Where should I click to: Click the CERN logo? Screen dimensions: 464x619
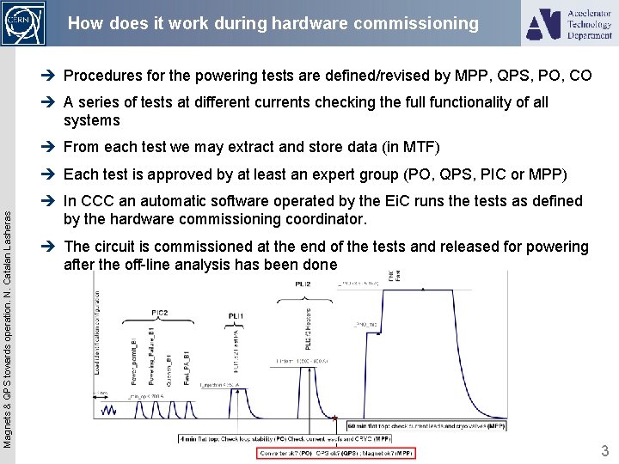[23, 23]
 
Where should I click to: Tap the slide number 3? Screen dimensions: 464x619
[604, 451]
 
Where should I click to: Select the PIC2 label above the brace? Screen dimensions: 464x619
[160, 313]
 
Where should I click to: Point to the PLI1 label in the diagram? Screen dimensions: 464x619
[236, 317]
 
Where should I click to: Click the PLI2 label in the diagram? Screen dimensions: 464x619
[303, 283]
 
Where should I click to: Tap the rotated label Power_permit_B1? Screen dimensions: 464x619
[134, 361]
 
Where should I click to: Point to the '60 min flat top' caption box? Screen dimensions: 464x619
[426, 425]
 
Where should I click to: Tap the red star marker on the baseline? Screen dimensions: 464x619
[334, 420]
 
